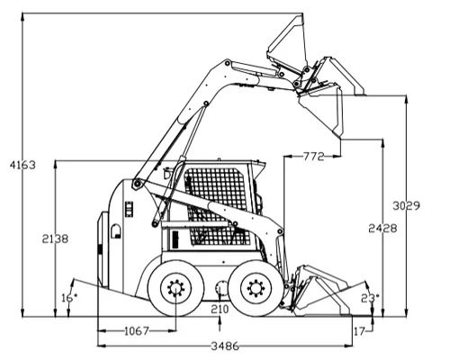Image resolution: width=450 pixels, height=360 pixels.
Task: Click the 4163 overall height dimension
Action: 22,165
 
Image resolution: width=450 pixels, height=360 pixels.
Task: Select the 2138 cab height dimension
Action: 55,238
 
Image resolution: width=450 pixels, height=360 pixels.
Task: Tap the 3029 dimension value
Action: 407,206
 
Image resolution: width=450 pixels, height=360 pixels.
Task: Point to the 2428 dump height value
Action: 382,229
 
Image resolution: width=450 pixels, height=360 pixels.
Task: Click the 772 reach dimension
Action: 314,157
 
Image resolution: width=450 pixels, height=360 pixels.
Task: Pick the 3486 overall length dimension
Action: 225,346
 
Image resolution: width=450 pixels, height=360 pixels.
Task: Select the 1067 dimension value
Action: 137,331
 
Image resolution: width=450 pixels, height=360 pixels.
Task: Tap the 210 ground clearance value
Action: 220,309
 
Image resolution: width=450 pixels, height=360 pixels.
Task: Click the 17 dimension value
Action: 359,331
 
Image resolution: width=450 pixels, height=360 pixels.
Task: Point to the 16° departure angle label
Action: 69,298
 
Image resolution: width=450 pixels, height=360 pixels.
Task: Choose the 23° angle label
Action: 370,298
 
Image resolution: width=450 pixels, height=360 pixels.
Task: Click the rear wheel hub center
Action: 175,289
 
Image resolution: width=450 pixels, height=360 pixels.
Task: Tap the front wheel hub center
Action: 256,288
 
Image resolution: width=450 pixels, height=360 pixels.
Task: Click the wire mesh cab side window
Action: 218,207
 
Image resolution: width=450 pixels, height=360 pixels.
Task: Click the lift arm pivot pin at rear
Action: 138,184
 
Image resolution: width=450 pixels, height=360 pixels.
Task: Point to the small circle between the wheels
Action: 222,288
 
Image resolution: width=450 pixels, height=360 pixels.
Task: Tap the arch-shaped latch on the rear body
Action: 116,231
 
